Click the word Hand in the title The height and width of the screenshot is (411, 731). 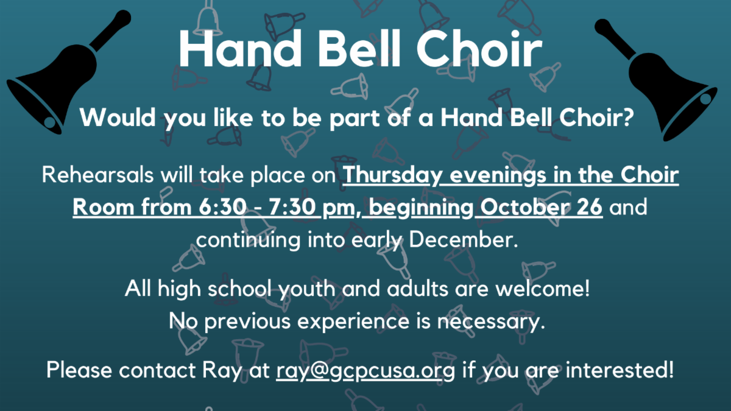coord(241,49)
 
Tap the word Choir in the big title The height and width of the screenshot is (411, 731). coord(479,49)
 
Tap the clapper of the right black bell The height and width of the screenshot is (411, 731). coord(705,99)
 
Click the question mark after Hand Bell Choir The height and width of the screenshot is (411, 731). coord(627,117)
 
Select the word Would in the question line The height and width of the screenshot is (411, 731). coord(118,117)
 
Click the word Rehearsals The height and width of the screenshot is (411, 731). coord(97,175)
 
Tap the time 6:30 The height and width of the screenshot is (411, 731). coord(222,207)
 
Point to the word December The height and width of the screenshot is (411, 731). coord(464,240)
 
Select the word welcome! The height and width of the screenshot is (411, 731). coord(542,289)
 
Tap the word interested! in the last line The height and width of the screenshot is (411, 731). coord(620,370)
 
